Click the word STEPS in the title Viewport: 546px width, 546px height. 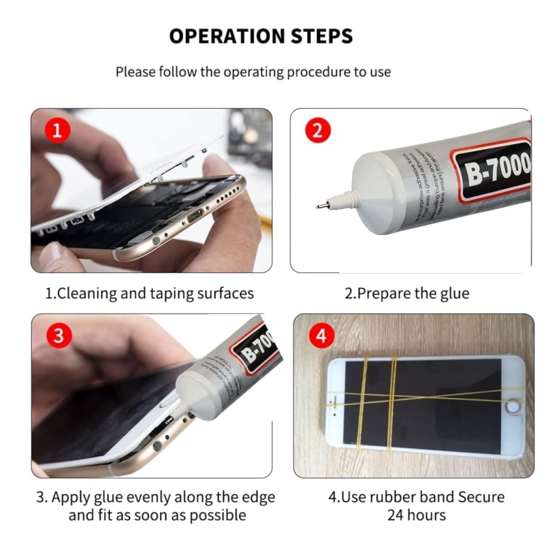point(323,36)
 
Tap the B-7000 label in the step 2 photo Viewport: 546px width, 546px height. point(496,171)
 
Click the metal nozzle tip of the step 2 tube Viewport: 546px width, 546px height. point(320,205)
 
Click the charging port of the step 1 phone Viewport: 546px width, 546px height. point(195,216)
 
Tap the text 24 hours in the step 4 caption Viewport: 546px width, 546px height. point(416,515)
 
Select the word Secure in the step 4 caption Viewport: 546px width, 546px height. point(478,497)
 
